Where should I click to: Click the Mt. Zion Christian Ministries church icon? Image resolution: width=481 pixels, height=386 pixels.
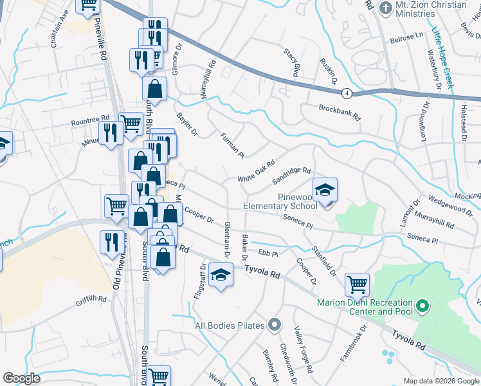click(386, 8)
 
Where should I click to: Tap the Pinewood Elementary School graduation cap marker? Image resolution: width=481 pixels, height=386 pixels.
click(325, 190)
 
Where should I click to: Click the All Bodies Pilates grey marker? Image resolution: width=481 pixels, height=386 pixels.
click(275, 325)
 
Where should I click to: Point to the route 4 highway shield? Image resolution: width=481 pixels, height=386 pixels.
click(347, 93)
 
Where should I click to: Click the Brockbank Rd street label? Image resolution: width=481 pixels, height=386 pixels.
click(340, 114)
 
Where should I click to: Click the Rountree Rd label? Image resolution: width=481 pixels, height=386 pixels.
click(91, 120)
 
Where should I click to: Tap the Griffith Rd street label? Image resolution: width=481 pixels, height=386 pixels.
click(90, 299)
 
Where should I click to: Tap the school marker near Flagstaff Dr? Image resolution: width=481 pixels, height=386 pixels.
click(221, 275)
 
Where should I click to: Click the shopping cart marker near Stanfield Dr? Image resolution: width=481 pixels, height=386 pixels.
click(357, 282)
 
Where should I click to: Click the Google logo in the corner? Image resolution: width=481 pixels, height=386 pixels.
click(22, 378)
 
